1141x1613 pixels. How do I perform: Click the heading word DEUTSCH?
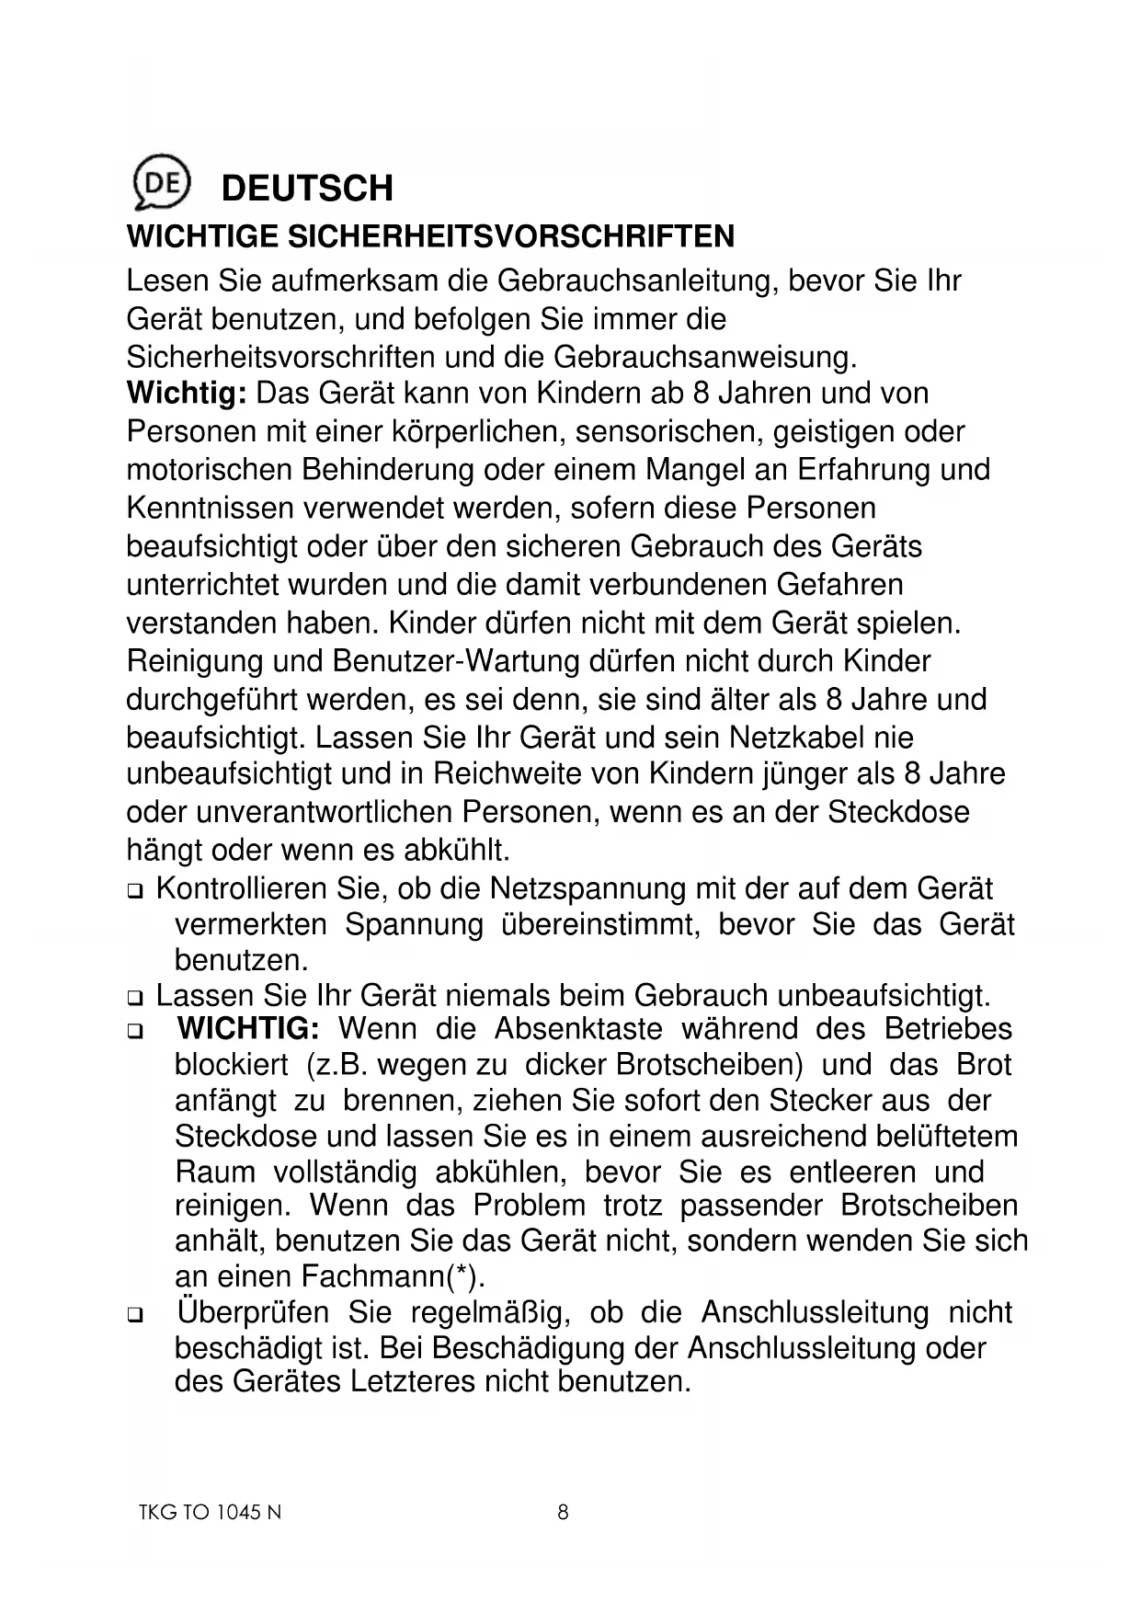pos(307,188)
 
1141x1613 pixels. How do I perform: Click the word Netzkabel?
pos(798,738)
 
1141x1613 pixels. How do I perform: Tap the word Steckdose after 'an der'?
pos(898,813)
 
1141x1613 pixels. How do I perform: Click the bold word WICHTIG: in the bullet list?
pos(248,1029)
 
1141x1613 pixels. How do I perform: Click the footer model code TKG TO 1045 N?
pos(204,1513)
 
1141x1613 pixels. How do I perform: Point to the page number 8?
pos(564,1513)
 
